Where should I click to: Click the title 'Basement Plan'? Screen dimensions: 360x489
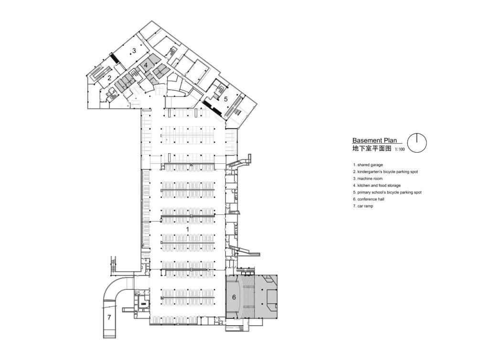click(374, 140)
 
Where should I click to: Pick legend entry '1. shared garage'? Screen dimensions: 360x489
click(369, 165)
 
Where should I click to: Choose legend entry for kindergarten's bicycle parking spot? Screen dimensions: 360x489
click(385, 171)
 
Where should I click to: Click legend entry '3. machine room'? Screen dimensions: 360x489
click(370, 178)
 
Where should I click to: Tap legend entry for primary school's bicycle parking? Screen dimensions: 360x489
click(387, 192)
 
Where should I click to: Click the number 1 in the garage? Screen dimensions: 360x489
click(188, 230)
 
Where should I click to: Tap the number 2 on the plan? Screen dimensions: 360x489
click(109, 78)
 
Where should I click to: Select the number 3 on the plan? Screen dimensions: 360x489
click(134, 50)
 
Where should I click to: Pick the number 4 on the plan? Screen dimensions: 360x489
click(146, 65)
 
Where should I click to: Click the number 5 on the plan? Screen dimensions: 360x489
click(225, 99)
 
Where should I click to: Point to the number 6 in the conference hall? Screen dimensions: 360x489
click(234, 297)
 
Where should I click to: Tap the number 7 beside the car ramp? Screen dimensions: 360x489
click(109, 317)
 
